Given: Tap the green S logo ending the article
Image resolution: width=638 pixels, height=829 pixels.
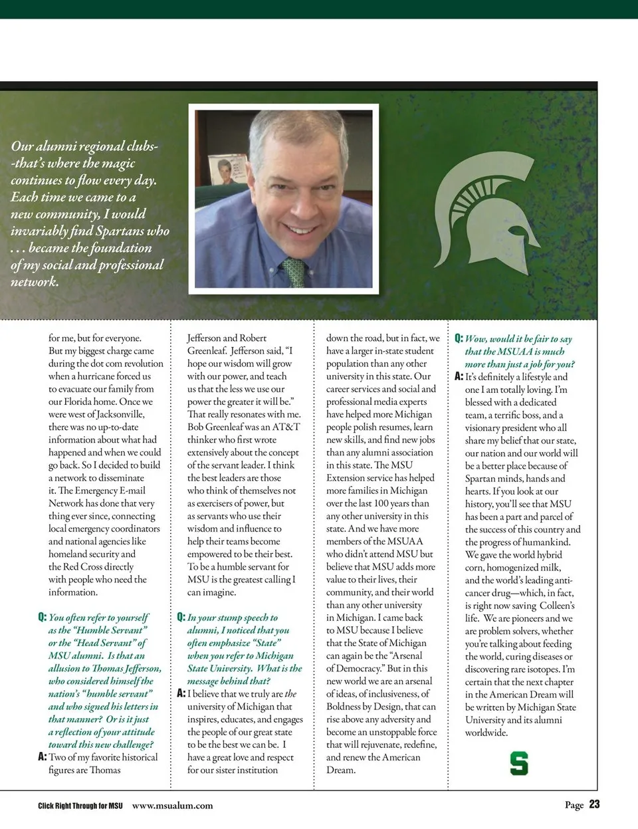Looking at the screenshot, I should (518, 763).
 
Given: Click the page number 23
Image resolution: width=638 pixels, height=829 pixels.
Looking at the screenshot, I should (594, 804).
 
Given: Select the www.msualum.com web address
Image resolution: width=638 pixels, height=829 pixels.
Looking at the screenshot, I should (173, 805).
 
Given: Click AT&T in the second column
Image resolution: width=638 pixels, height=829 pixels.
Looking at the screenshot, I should (286, 427).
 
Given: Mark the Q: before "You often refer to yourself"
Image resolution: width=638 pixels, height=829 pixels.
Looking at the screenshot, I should (43, 618).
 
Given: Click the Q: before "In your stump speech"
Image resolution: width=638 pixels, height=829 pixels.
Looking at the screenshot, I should (181, 618).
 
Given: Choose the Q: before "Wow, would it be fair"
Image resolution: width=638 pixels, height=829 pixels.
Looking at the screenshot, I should (459, 339).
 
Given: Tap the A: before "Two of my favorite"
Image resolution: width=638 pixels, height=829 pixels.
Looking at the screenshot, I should (43, 757).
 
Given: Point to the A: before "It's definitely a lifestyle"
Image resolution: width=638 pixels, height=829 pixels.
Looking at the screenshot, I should (459, 377).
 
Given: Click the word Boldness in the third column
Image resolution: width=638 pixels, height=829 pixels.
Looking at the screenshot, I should (346, 707).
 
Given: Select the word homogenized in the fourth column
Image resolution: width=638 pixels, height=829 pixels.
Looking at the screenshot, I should (513, 567).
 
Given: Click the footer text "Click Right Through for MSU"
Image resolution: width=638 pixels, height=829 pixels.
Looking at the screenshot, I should (80, 806).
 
